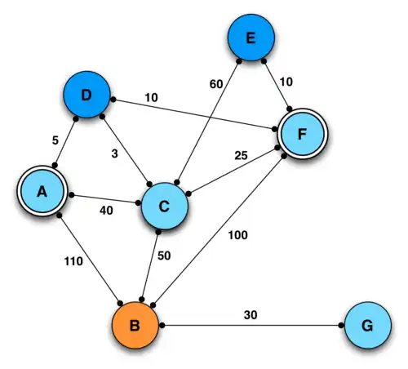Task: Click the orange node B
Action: pos(135,326)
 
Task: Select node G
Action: pos(367,326)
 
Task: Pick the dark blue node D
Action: pos(87,96)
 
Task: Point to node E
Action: pos(251,38)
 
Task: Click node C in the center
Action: pos(164,207)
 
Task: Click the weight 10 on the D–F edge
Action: pos(151,98)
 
